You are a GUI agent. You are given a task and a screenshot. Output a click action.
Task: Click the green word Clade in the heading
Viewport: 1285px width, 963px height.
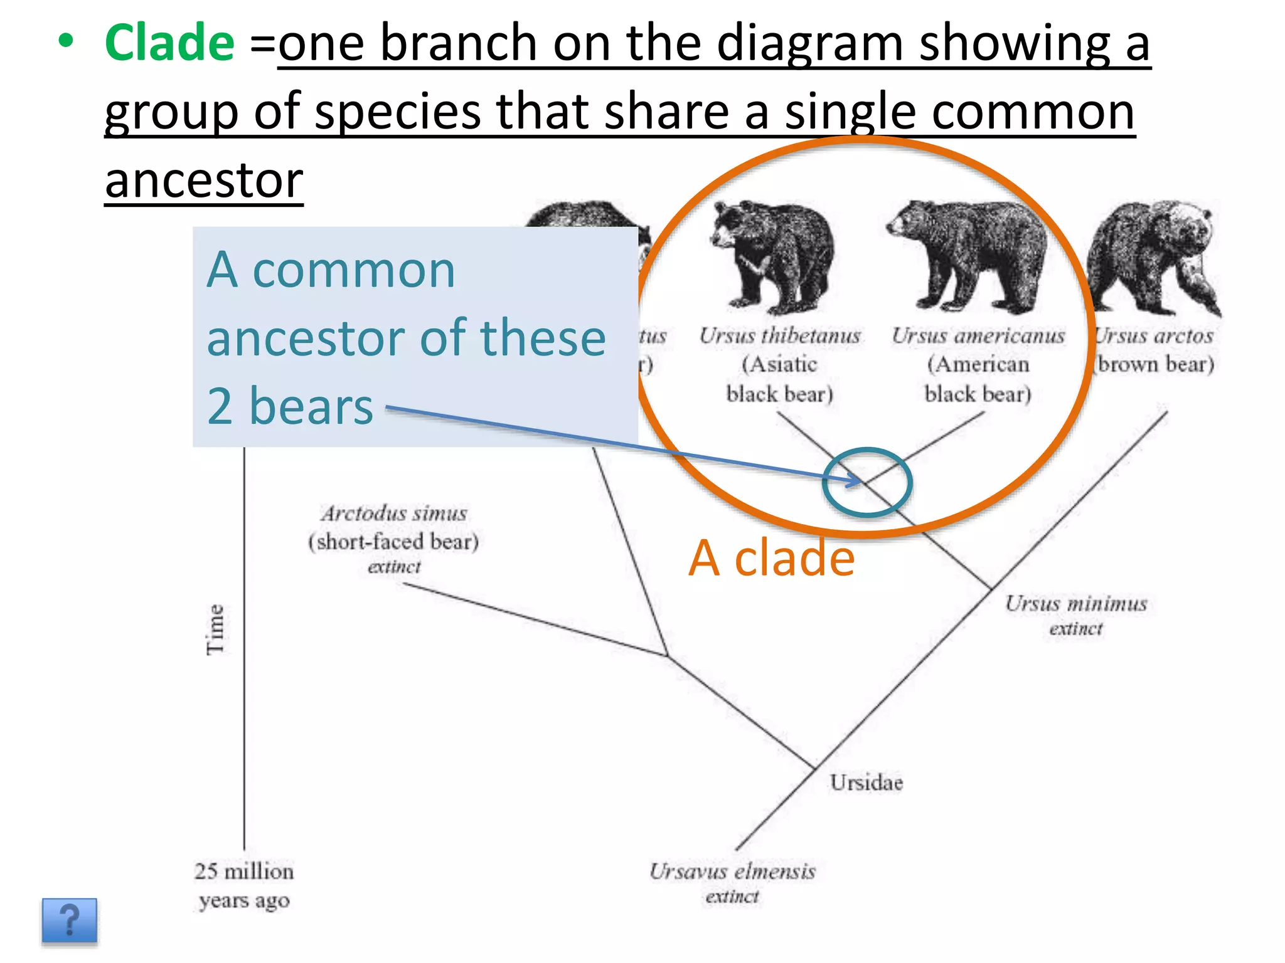(x=169, y=43)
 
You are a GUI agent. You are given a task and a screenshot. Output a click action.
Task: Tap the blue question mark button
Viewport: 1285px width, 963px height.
(x=70, y=920)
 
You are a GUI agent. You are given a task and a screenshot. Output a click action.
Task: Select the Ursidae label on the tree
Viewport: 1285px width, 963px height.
(x=866, y=782)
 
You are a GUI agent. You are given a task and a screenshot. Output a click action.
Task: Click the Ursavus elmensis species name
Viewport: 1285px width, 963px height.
(x=732, y=871)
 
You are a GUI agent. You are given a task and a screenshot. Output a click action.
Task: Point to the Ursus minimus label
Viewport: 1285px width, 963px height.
(x=1076, y=604)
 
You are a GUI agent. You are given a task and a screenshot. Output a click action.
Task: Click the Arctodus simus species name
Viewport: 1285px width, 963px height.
(x=394, y=513)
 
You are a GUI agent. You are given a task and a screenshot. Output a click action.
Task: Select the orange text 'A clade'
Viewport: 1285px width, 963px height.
(x=771, y=558)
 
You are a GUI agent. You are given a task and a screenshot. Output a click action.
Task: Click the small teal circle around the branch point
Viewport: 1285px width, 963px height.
(x=866, y=482)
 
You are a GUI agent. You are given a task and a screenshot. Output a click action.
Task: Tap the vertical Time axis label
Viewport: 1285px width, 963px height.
(x=215, y=629)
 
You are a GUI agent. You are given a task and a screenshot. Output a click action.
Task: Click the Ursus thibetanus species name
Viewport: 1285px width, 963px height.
(x=780, y=336)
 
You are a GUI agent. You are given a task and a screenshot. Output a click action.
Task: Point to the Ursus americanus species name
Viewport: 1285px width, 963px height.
(x=978, y=336)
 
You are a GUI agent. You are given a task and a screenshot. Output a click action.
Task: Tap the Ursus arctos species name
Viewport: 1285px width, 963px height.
(x=1154, y=336)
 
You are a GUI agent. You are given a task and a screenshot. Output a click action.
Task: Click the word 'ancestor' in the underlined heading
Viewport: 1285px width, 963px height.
(x=204, y=181)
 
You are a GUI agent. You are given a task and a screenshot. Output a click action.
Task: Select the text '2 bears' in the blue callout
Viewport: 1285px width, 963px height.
(x=290, y=406)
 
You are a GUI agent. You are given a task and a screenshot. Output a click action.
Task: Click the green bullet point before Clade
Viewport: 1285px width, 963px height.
(x=65, y=41)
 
